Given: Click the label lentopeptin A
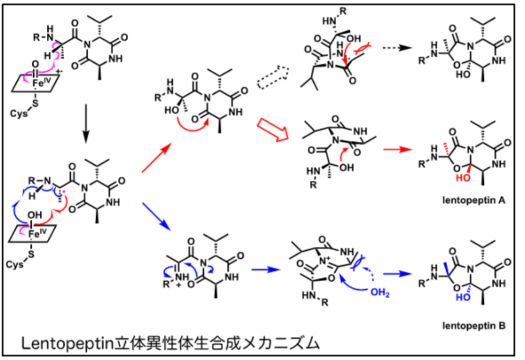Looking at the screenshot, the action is pyautogui.click(x=474, y=200).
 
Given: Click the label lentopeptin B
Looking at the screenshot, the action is pyautogui.click(x=474, y=325).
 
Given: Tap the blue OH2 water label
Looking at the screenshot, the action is pyautogui.click(x=380, y=293).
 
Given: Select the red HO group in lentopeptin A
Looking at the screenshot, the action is pyautogui.click(x=463, y=177).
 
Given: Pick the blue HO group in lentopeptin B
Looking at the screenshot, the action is pyautogui.click(x=463, y=297).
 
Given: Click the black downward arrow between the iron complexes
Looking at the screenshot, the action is pyautogui.click(x=86, y=123).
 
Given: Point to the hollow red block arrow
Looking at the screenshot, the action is pyautogui.click(x=272, y=129).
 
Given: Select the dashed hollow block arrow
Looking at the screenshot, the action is pyautogui.click(x=273, y=77).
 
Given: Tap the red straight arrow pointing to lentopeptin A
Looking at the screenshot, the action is pyautogui.click(x=397, y=149).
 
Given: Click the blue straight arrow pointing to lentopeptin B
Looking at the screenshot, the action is pyautogui.click(x=397, y=274).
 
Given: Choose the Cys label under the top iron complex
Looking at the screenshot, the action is pyautogui.click(x=19, y=113).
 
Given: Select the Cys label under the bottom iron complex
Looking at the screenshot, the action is pyautogui.click(x=14, y=264).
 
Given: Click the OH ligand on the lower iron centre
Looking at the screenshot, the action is pyautogui.click(x=35, y=215).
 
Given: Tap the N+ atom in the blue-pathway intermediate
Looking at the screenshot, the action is pyautogui.click(x=324, y=260).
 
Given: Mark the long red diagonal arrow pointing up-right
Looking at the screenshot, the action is pyautogui.click(x=157, y=158).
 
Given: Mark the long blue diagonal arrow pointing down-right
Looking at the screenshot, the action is pyautogui.click(x=157, y=216).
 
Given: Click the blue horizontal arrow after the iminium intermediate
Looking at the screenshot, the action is pyautogui.click(x=265, y=270).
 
